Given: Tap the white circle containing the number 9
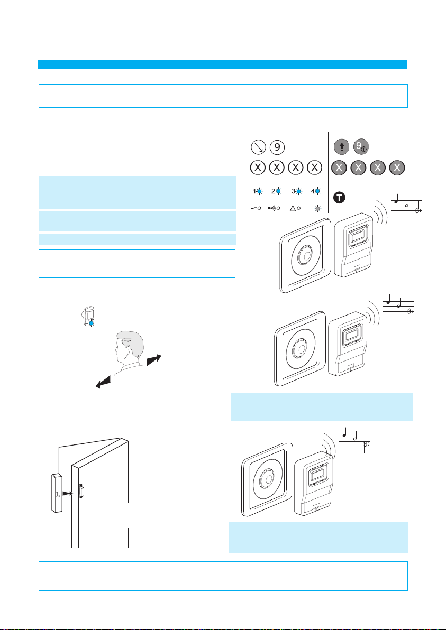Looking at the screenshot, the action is pos(276,146).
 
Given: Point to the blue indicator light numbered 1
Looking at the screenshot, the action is pos(259,191).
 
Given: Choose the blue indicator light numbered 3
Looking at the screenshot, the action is pos(298,191).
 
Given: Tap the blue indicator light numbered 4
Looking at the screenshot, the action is pos(317,191).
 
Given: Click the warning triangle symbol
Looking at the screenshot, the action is pos(293,209).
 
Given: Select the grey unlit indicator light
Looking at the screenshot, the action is pos(318,209).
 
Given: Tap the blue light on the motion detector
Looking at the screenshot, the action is pos(92,323).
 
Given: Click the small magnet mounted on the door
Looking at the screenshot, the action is pos(81,491).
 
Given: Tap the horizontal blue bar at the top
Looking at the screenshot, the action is pos(223,64).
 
